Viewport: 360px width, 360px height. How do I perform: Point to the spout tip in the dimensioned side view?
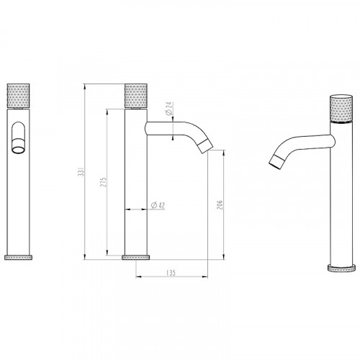point(210,148)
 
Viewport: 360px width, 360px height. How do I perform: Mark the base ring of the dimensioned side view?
point(137,256)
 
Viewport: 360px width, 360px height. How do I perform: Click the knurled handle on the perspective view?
point(338,108)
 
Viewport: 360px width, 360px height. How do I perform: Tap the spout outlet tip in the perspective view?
point(274,163)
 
